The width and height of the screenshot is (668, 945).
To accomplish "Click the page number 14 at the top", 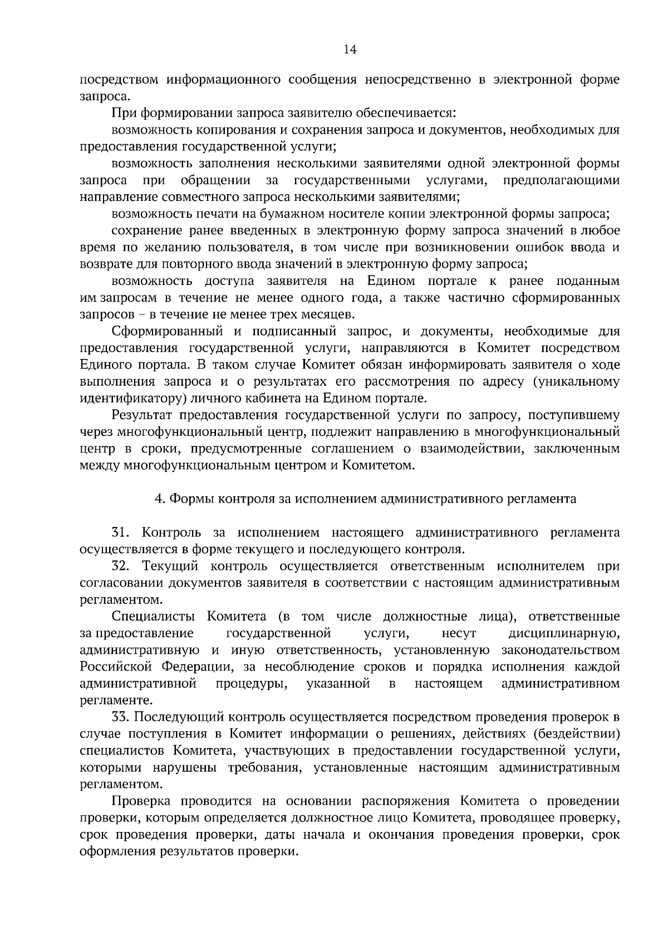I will [x=350, y=50].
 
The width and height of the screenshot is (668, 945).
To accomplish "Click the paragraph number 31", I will [x=121, y=533].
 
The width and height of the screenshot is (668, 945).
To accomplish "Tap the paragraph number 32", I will [x=121, y=567].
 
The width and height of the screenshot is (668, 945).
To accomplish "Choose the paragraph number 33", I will [x=121, y=717].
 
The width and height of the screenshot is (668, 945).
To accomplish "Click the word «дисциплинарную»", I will [x=564, y=633].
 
